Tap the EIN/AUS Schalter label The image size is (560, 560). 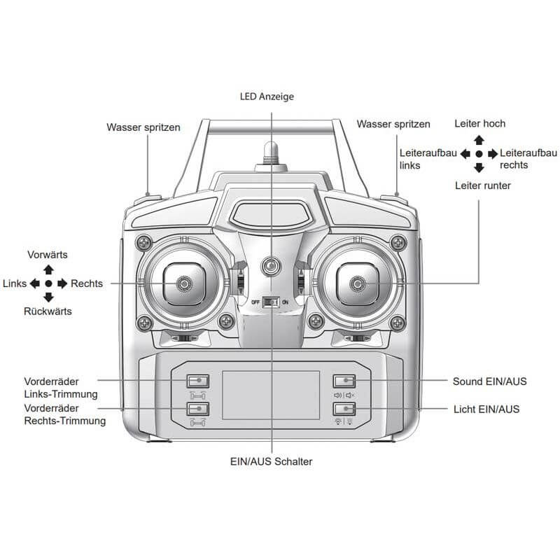pyautogui.click(x=272, y=461)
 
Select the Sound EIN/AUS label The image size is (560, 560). pyautogui.click(x=490, y=381)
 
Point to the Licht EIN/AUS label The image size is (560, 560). pyautogui.click(x=486, y=408)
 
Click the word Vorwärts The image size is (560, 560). pyautogui.click(x=48, y=255)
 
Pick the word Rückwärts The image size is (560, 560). pyautogui.click(x=48, y=311)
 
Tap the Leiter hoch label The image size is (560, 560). pyautogui.click(x=479, y=124)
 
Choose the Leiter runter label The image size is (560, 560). pyautogui.click(x=482, y=185)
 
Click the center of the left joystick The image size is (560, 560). pyautogui.click(x=184, y=283)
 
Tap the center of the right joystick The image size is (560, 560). pyautogui.click(x=358, y=283)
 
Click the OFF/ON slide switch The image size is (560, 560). pyautogui.click(x=271, y=302)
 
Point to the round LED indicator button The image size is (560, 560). pyautogui.click(x=270, y=266)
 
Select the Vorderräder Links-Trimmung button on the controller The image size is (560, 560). pyautogui.click(x=198, y=381)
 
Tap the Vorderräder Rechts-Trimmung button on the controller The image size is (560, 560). pyautogui.click(x=198, y=409)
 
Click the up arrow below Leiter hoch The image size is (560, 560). pyautogui.click(x=479, y=140)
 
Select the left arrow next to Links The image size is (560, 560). pyautogui.click(x=34, y=283)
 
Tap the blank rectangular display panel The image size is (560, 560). pyautogui.click(x=270, y=395)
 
